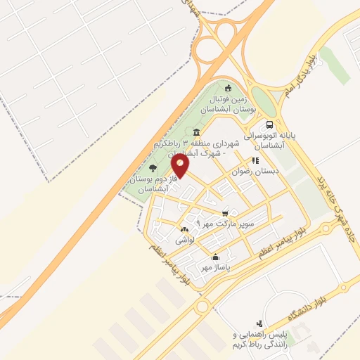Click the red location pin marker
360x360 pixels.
point(181,166)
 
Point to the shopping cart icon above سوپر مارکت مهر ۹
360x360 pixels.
point(224,213)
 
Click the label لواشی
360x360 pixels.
point(185,240)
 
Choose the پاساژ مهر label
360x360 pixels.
point(214,268)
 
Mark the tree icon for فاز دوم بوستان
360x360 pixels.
point(153,167)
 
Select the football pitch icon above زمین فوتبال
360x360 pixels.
point(227,88)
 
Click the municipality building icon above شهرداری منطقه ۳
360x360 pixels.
point(196,133)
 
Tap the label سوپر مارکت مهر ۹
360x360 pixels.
point(224,223)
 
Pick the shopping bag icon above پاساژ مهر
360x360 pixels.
point(214,258)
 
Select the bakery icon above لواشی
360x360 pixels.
point(185,230)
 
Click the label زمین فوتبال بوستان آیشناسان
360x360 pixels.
point(224,105)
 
